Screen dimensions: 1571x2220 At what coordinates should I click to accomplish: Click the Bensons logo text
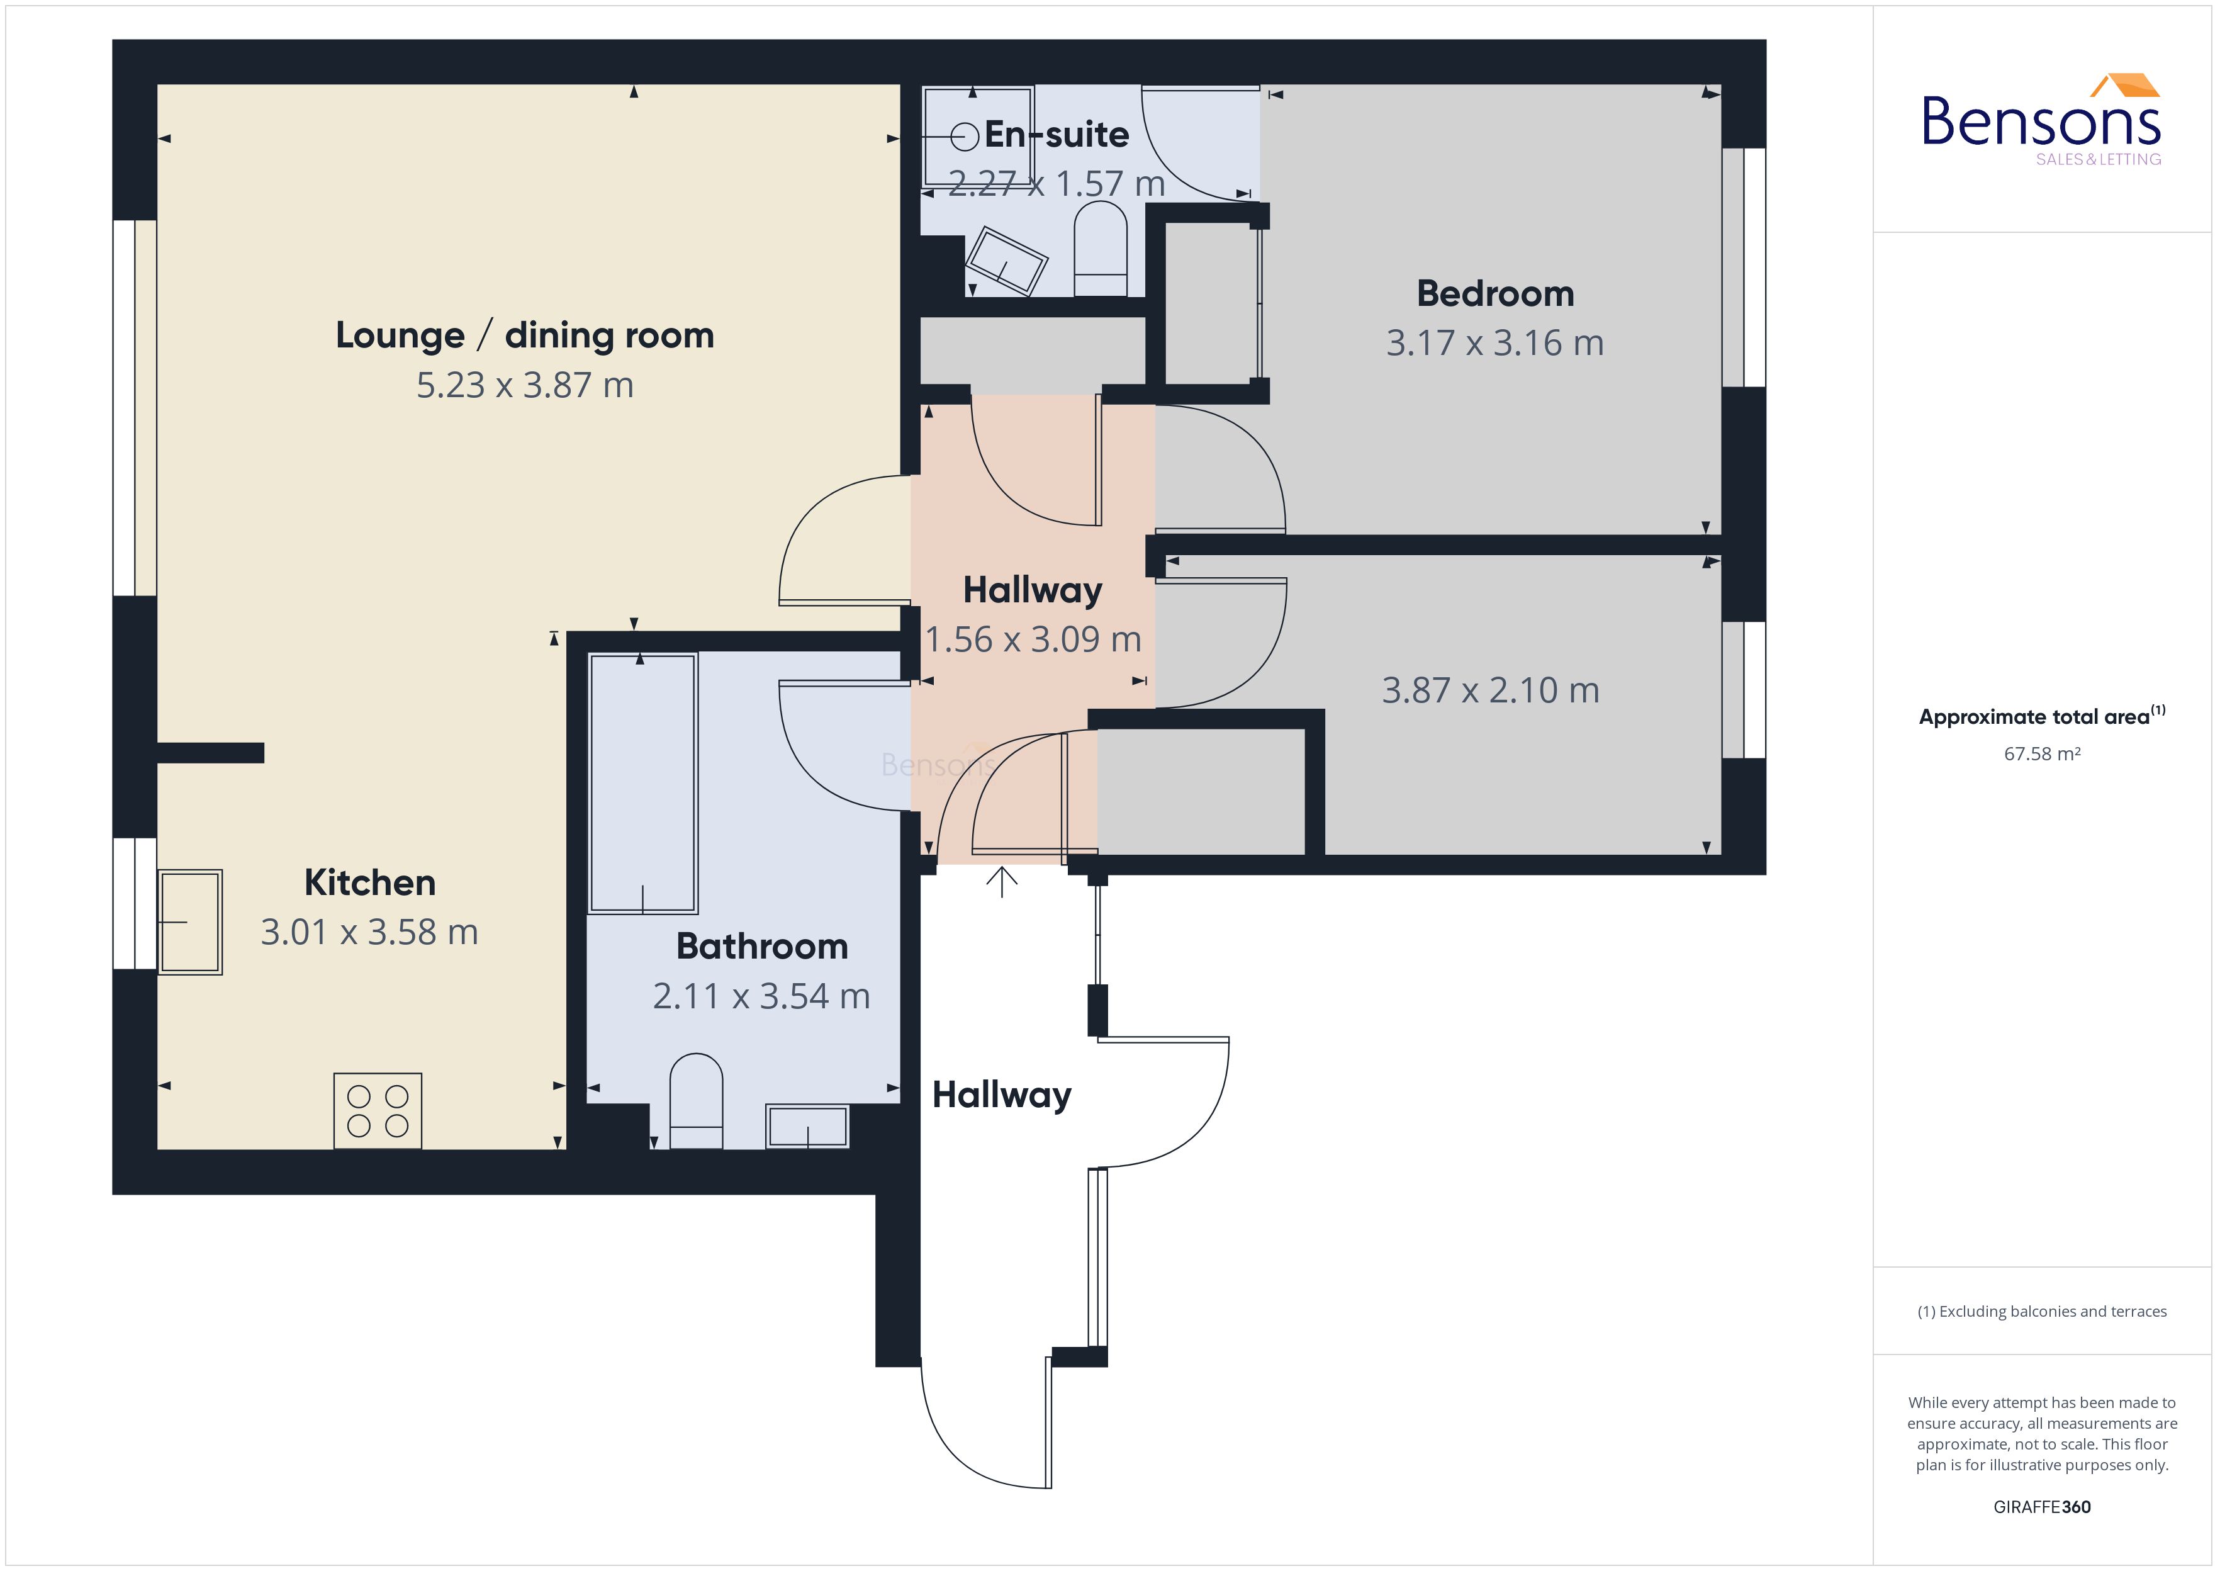pyautogui.click(x=2040, y=122)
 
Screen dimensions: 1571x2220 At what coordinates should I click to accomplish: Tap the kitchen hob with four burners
pyautogui.click(x=377, y=1110)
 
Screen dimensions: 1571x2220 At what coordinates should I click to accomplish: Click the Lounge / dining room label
pyautogui.click(x=524, y=335)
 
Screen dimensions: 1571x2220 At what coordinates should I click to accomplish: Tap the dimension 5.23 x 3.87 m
pyautogui.click(x=524, y=385)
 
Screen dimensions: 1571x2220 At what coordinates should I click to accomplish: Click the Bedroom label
pyautogui.click(x=1495, y=293)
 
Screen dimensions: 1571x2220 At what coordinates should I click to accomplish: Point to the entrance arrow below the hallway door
pyautogui.click(x=1002, y=881)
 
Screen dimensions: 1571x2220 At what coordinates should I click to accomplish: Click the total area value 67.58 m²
pyautogui.click(x=2041, y=753)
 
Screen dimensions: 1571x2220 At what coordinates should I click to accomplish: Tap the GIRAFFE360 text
pyautogui.click(x=2041, y=1506)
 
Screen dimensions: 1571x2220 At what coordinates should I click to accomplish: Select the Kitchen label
pyautogui.click(x=369, y=882)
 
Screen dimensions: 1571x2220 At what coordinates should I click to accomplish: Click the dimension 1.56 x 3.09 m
pyautogui.click(x=1033, y=639)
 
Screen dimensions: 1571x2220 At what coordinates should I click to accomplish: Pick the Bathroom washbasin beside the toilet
pyautogui.click(x=807, y=1126)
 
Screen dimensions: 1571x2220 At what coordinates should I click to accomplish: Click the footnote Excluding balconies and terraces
pyautogui.click(x=2041, y=1311)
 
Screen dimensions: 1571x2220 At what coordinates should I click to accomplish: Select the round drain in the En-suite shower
pyautogui.click(x=964, y=137)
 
